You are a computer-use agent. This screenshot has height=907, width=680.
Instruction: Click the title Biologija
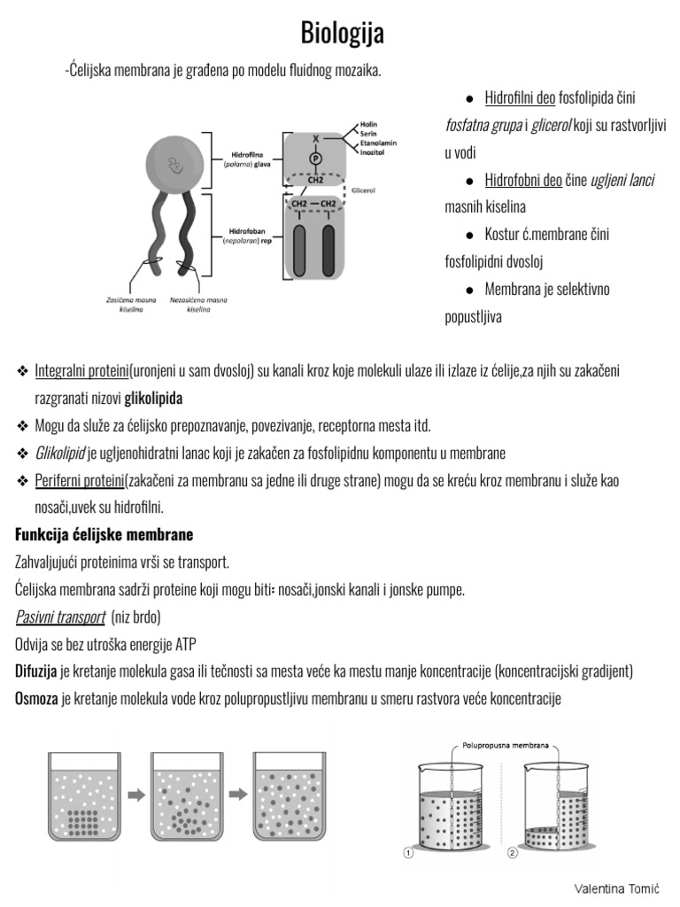coord(343,34)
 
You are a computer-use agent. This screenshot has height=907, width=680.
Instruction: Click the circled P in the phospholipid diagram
coord(314,158)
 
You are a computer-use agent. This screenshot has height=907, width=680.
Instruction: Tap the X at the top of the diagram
coord(314,138)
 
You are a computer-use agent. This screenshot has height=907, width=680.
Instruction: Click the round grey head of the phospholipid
coord(180,162)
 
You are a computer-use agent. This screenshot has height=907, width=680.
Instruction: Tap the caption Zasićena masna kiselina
coord(131,305)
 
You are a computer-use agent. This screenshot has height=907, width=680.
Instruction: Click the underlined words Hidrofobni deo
coord(523,180)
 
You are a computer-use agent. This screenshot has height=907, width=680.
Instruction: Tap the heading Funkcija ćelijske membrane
coord(104,535)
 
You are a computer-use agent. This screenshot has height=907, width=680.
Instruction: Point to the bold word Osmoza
coord(36,699)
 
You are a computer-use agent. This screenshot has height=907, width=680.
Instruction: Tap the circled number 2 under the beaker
coord(513,854)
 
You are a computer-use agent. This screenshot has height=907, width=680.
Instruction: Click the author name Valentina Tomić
coord(617,888)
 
